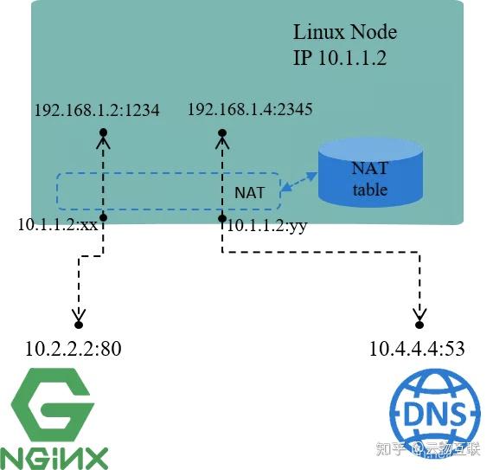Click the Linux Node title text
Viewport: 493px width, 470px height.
click(345, 33)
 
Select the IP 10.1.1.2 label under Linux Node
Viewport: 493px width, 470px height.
click(339, 58)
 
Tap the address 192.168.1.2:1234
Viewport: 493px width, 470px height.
click(97, 112)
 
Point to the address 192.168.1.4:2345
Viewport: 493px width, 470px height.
click(250, 110)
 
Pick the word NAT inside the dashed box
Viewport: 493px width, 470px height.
click(252, 191)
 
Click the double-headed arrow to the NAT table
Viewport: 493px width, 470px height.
click(298, 182)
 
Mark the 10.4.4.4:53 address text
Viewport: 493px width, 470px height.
click(417, 350)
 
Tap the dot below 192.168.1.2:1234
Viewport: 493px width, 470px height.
click(103, 132)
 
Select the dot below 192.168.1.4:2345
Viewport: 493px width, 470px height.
click(222, 132)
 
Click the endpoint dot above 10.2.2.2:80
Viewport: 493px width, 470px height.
click(79, 326)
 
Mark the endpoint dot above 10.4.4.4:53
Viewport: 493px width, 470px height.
click(419, 325)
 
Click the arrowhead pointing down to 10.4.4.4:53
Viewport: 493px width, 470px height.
click(419, 314)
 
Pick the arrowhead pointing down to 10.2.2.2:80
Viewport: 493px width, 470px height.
click(79, 315)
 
